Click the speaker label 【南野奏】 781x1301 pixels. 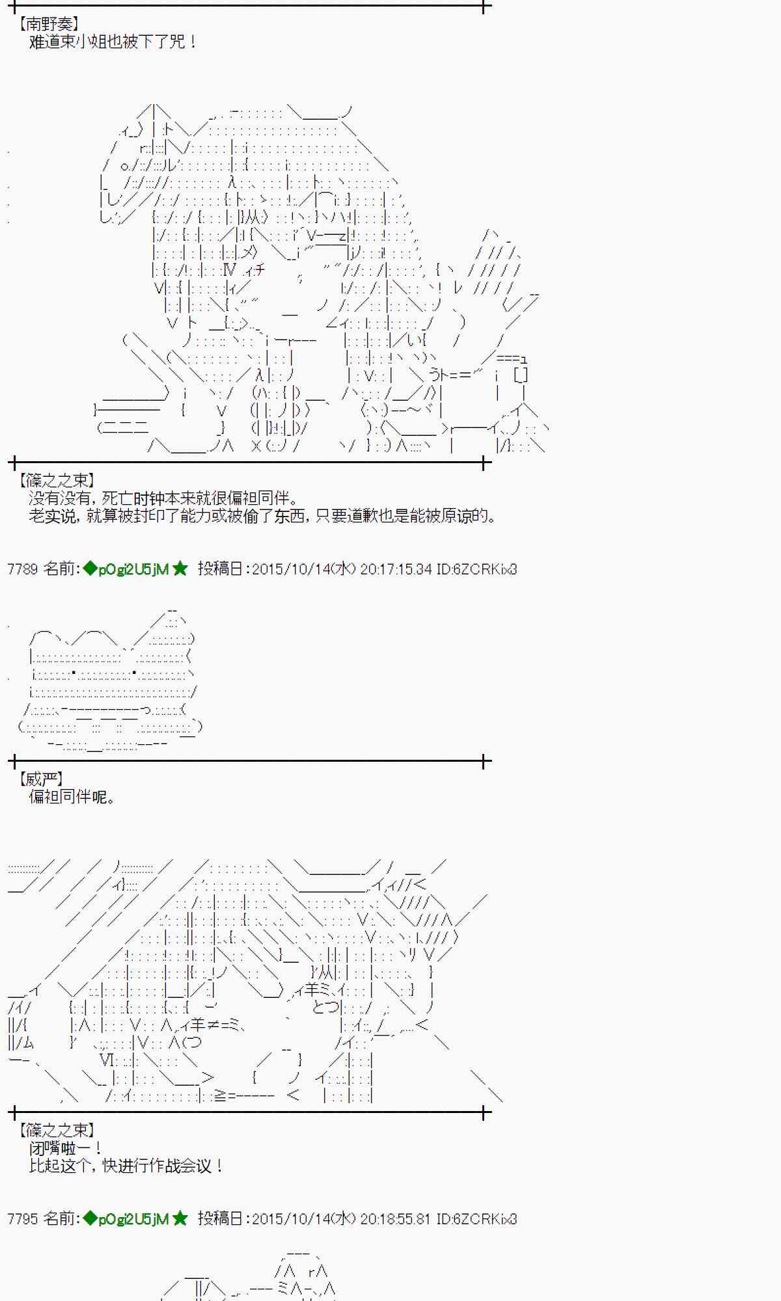(49, 25)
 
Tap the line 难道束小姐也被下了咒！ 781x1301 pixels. (112, 42)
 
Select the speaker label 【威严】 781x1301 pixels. (40, 779)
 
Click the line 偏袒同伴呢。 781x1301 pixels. (72, 797)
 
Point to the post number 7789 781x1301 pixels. (22, 569)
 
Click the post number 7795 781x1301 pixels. (22, 1218)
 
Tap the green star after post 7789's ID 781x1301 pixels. (180, 569)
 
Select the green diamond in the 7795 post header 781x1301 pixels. (90, 1218)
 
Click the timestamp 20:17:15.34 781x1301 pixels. (396, 569)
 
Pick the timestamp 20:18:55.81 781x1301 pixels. (396, 1218)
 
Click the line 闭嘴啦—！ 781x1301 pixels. (65, 1148)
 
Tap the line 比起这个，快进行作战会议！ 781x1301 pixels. (126, 1166)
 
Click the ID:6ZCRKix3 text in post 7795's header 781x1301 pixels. (476, 1218)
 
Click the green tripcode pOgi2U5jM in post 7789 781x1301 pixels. (133, 569)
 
